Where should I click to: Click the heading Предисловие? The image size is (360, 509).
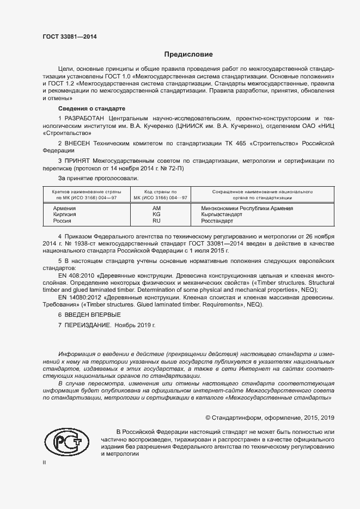[188, 54]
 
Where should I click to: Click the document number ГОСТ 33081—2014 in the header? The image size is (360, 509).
[69, 37]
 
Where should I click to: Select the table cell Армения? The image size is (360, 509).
[64, 208]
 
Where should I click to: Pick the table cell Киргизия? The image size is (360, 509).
[65, 214]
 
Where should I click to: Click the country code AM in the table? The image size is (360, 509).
[157, 208]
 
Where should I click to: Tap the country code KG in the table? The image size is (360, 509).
[157, 214]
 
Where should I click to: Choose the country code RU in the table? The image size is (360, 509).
[157, 221]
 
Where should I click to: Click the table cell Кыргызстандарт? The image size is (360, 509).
[222, 214]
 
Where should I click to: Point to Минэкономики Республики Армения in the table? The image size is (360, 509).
[247, 208]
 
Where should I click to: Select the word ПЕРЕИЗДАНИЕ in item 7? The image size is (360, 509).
[88, 324]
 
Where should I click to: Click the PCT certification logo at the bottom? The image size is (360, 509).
[66, 441]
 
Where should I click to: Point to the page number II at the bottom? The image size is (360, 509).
[45, 462]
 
